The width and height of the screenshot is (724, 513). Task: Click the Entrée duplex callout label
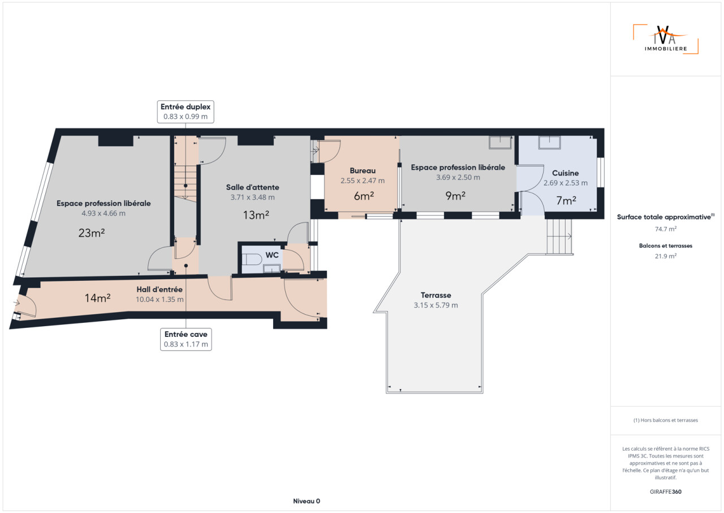(x=186, y=112)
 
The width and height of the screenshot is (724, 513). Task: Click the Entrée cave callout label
(x=186, y=339)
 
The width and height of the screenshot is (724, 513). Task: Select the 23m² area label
(x=92, y=233)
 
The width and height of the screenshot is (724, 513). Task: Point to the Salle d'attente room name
(x=252, y=187)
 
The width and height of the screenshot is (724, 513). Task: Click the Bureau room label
(x=363, y=170)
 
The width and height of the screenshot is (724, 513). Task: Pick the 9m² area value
(x=455, y=196)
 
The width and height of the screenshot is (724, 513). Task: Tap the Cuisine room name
(x=565, y=173)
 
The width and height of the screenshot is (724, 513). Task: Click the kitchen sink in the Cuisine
(x=549, y=142)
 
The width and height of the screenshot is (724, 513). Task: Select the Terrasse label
(x=436, y=295)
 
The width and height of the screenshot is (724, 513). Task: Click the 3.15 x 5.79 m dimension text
(x=436, y=305)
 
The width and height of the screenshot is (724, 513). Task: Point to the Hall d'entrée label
(x=160, y=289)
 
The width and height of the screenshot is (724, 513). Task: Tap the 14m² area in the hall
(x=98, y=298)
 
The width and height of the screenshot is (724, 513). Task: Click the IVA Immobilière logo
(x=666, y=39)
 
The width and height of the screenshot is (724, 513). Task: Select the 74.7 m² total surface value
(x=666, y=229)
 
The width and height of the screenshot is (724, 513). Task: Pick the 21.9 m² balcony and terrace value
(x=666, y=256)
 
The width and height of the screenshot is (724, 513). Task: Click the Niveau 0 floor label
(x=307, y=501)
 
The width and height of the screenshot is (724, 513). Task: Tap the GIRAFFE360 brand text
(x=666, y=491)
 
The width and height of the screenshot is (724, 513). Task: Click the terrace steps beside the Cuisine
(x=559, y=237)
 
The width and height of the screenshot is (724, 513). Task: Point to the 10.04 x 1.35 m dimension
(x=160, y=299)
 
